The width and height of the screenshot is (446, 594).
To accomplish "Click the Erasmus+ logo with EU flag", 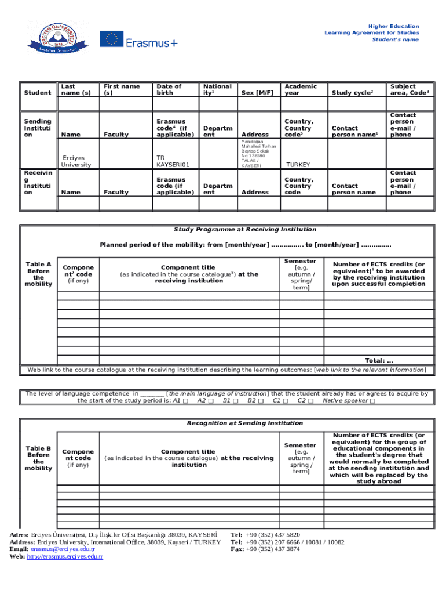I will coord(138,40).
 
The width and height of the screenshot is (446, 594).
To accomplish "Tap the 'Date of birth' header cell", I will coord(169,89).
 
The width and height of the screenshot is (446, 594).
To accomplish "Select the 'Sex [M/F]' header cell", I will coord(257,93).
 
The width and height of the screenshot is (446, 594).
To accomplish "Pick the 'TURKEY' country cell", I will coord(297,165).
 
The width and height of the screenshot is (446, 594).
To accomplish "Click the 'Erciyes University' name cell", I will coord(76,161).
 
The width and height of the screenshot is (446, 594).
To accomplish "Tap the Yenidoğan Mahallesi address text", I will coord(258,153).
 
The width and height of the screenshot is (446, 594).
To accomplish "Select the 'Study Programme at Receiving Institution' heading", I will coord(245,229).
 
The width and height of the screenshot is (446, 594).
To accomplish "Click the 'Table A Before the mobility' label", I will coord(38,274).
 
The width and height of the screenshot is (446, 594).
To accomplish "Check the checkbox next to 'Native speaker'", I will coord(372,401).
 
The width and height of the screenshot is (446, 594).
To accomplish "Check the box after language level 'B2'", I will coord(261,401).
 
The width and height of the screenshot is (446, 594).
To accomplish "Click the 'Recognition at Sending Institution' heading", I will coord(244,423).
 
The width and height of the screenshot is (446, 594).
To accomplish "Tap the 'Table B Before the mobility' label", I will coord(38,458).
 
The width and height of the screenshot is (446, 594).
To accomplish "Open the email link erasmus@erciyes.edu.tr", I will coord(63,549).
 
